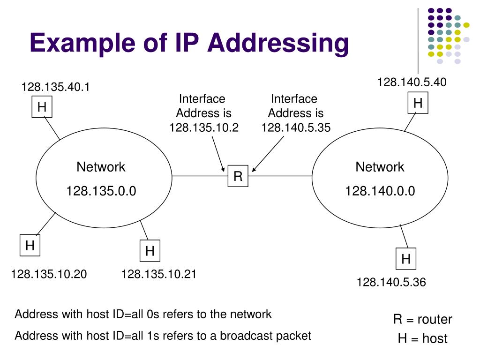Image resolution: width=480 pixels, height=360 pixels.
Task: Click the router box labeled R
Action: click(238, 176)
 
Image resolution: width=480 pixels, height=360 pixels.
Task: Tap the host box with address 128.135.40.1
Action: click(42, 107)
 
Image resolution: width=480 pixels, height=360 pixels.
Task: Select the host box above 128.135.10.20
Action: click(30, 245)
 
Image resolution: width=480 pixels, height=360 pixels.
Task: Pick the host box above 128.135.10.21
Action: click(150, 251)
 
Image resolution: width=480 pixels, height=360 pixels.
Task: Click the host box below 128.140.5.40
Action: click(418, 103)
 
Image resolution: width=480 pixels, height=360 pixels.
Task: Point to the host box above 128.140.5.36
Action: click(405, 259)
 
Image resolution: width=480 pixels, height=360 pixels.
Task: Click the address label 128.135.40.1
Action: click(55, 87)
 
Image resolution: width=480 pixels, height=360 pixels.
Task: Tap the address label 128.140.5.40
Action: click(412, 82)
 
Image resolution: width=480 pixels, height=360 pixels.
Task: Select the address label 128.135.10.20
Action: click(49, 274)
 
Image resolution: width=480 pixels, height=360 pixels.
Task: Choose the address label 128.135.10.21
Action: click(159, 274)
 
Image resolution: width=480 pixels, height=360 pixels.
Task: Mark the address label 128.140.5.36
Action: click(391, 282)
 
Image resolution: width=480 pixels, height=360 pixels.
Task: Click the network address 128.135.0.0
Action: click(101, 191)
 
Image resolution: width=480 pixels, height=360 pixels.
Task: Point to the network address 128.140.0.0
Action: click(380, 191)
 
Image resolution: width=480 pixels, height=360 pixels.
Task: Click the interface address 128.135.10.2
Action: click(204, 127)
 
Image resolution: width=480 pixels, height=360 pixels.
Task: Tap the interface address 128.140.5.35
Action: click(296, 127)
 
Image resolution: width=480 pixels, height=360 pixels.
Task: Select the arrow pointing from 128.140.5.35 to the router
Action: click(268, 154)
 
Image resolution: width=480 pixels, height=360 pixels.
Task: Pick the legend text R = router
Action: click(423, 319)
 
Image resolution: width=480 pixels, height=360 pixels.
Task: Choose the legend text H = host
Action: click(423, 338)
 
